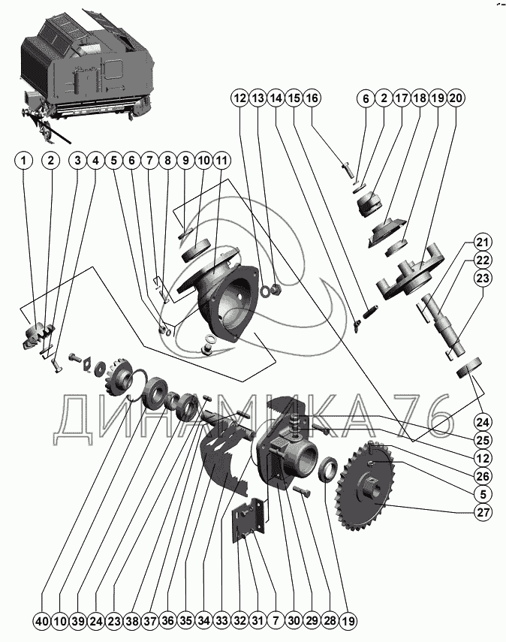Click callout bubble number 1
25,160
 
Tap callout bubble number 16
312,98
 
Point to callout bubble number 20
456,98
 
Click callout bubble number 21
481,243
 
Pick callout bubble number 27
481,514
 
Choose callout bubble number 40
41,621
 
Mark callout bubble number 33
221,621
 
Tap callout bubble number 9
185,160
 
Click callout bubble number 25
481,439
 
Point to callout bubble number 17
401,98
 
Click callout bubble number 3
77,160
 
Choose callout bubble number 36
167,621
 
